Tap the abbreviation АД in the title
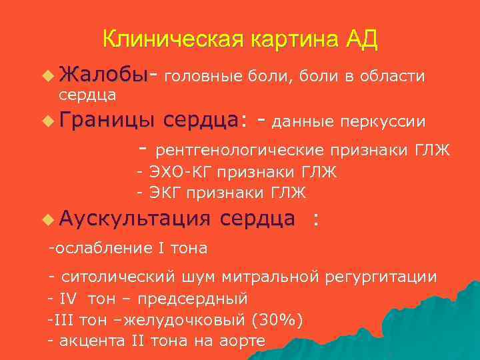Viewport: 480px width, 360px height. pos(362,40)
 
